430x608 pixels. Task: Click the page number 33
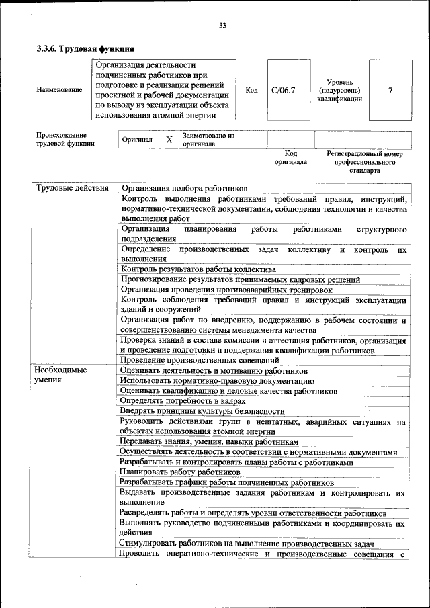222,26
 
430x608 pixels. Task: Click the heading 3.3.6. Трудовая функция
85,49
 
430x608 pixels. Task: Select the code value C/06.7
283,90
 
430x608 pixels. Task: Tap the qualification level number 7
390,90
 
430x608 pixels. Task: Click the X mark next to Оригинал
169,140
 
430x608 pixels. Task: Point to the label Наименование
60,89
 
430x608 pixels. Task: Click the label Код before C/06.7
251,90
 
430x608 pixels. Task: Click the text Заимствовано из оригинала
208,140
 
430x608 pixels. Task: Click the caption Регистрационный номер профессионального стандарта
364,162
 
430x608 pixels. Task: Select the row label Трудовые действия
72,189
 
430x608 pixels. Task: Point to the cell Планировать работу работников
180,472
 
